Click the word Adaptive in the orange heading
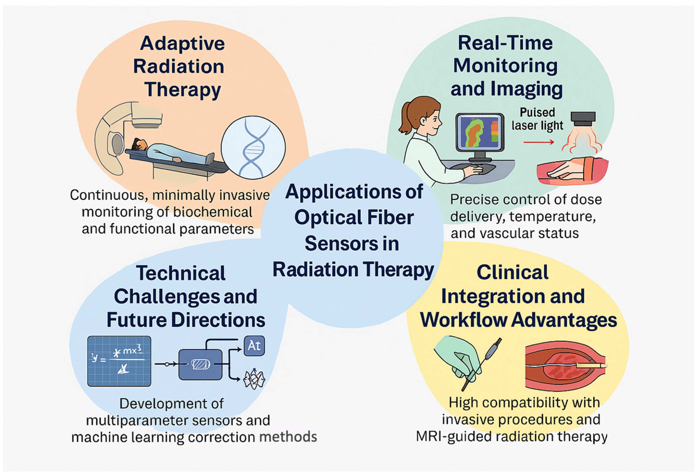[182, 44]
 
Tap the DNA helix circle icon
[253, 147]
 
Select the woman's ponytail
[405, 119]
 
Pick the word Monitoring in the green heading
[505, 66]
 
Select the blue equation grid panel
[119, 361]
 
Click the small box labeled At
[254, 346]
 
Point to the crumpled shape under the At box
[254, 380]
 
